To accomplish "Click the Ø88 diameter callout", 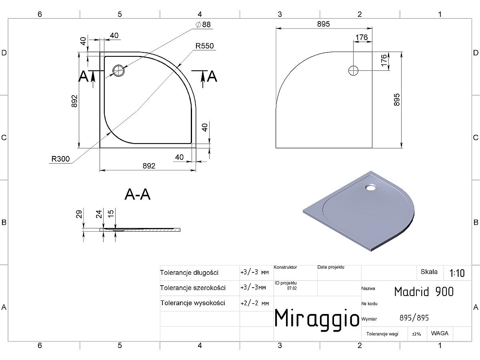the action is coord(203,24).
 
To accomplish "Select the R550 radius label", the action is coord(204,46).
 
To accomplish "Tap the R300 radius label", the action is coord(60,159).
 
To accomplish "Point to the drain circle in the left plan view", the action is coord(118,70).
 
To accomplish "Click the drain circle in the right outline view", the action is coord(353,71).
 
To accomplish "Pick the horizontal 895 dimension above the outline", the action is coord(324,24).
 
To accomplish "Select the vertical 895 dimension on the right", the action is coord(397,100).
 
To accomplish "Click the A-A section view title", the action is coord(138,194).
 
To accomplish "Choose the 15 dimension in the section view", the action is coord(111,213).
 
